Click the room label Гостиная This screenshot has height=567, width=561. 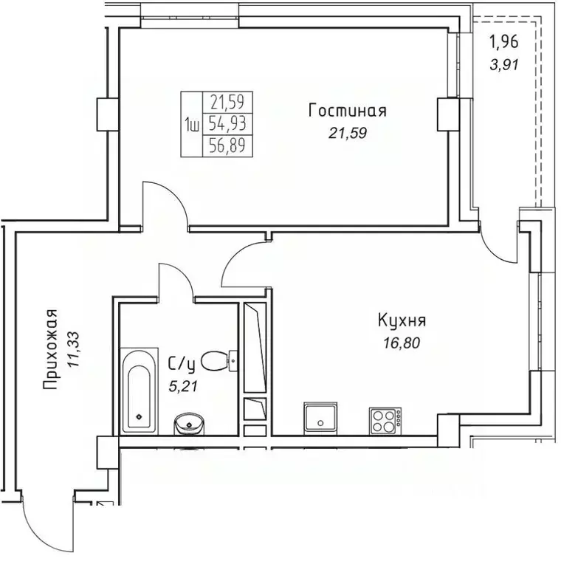coord(347,111)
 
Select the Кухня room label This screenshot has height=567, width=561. coord(402,321)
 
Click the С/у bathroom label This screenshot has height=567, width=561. coord(181,362)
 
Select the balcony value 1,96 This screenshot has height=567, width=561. coord(505,42)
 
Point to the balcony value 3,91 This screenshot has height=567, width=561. coord(505,63)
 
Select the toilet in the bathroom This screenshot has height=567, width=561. coord(217,361)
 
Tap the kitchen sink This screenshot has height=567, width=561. coord(320,419)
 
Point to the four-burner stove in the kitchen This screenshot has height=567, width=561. coord(385,421)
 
